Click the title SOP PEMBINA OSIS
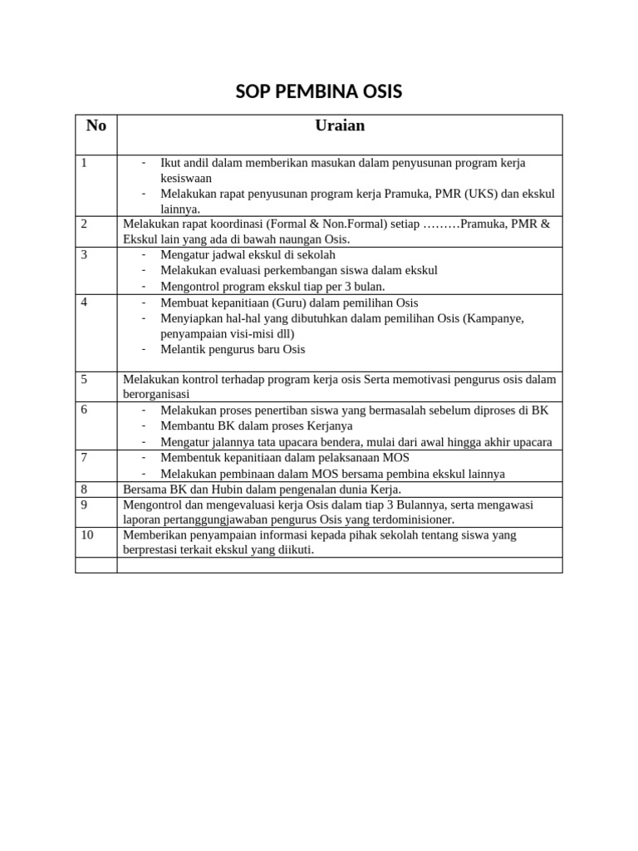(x=319, y=92)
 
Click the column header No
(x=96, y=126)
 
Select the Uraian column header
(x=340, y=126)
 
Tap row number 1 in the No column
(x=85, y=163)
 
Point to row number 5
(x=85, y=379)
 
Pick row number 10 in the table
(x=87, y=534)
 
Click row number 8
(x=85, y=489)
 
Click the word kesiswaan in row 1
(x=186, y=178)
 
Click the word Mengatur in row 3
(x=184, y=254)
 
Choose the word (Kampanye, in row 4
(x=493, y=317)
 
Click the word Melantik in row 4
(x=183, y=349)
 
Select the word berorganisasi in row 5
(x=156, y=394)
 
